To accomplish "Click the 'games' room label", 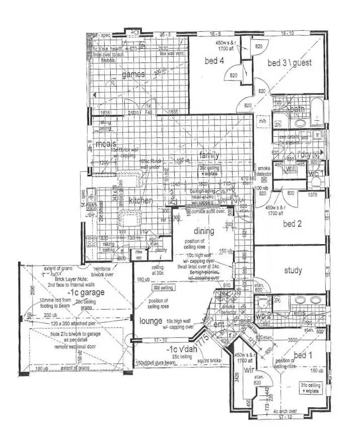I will [x=133, y=75].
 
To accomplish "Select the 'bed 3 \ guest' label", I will [x=289, y=63].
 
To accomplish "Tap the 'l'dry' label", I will [x=305, y=154].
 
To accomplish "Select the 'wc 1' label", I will [x=315, y=174].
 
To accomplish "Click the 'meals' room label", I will [x=106, y=144].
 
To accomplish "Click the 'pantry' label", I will [x=161, y=250].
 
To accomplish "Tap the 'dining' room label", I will [x=204, y=232].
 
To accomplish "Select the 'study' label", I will [x=293, y=271].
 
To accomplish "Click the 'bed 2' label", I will [x=292, y=224].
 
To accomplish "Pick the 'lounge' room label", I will [x=151, y=321].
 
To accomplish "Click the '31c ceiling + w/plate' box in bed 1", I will [x=310, y=387].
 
